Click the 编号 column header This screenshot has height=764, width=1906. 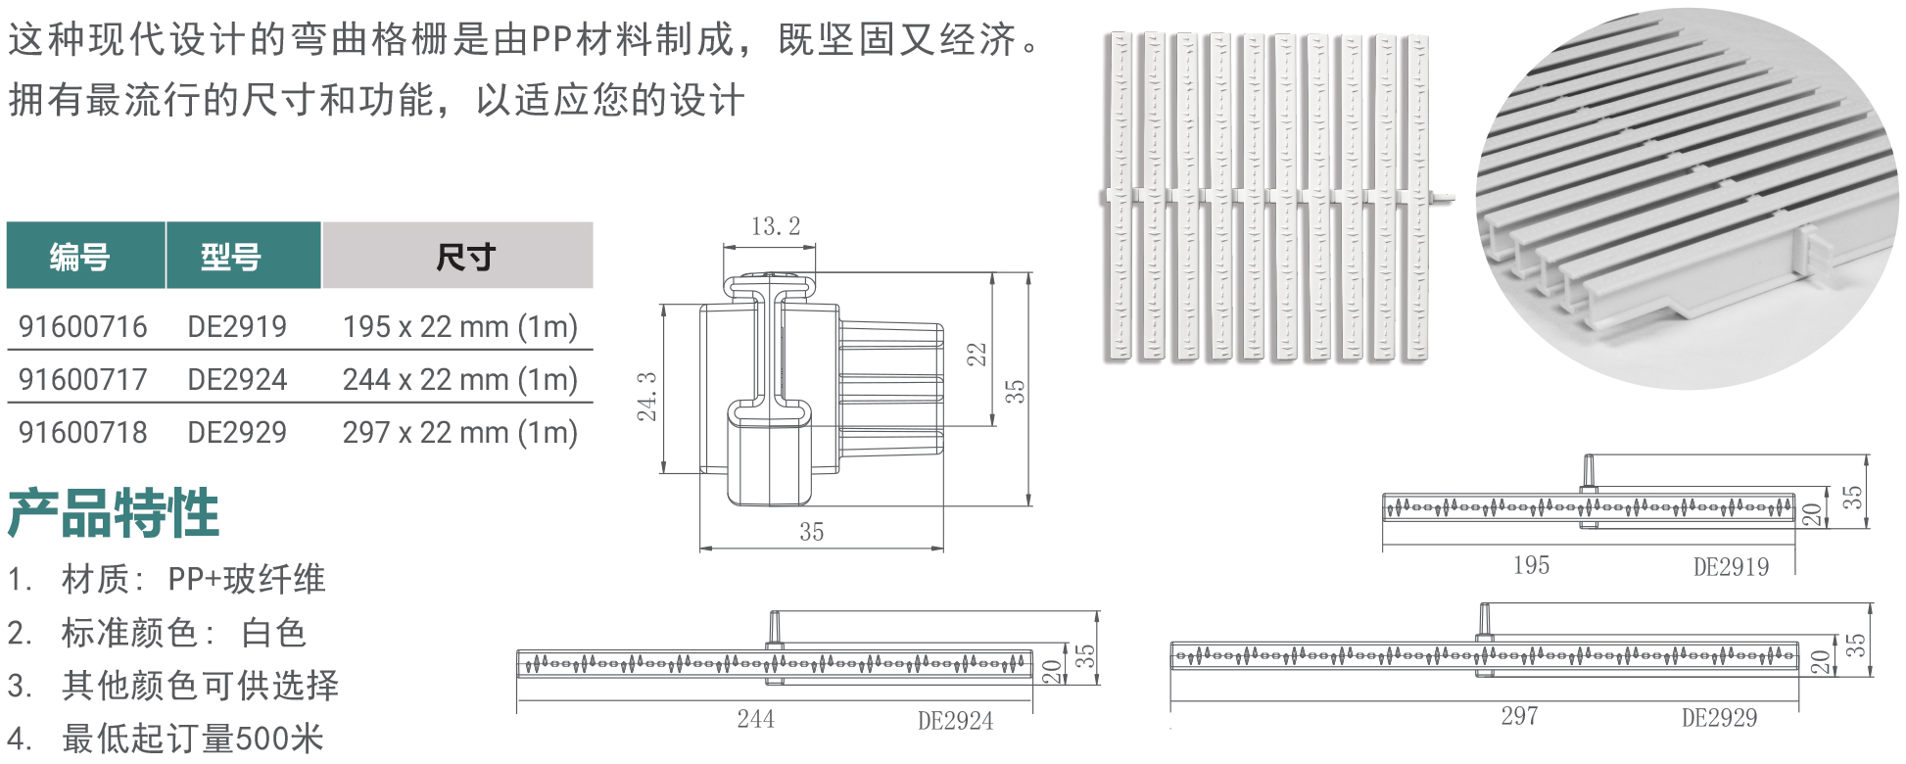point(79,258)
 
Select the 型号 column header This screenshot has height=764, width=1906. point(231,258)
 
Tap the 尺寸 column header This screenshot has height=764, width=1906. point(466,258)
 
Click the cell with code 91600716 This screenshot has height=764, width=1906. point(83,327)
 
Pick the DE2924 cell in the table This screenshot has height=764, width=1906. point(237,380)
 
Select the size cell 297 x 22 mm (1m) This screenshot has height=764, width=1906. point(460,433)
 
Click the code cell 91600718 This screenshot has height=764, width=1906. point(83,433)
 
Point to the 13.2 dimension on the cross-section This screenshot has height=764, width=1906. point(776,227)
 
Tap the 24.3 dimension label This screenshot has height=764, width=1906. point(647,396)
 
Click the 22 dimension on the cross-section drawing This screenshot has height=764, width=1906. point(977,355)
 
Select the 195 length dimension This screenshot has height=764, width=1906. point(1531,565)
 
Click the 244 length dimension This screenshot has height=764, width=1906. point(756,719)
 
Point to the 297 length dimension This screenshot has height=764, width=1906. point(1519,716)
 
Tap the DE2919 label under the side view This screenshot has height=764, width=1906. point(1731,567)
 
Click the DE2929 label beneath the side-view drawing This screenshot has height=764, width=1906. point(1719,718)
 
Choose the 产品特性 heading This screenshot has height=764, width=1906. point(114,513)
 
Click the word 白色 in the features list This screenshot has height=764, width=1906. point(274,633)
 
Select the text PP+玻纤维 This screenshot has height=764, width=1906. point(246,580)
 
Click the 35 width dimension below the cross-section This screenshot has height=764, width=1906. point(812,532)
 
